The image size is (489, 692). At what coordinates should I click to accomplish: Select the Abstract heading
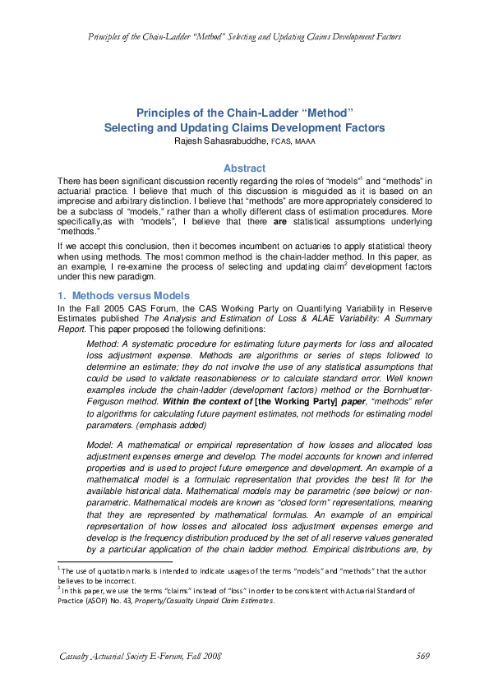(244, 168)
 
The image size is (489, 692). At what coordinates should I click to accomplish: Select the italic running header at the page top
(244, 37)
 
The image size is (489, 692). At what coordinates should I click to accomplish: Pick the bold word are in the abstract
(280, 221)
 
